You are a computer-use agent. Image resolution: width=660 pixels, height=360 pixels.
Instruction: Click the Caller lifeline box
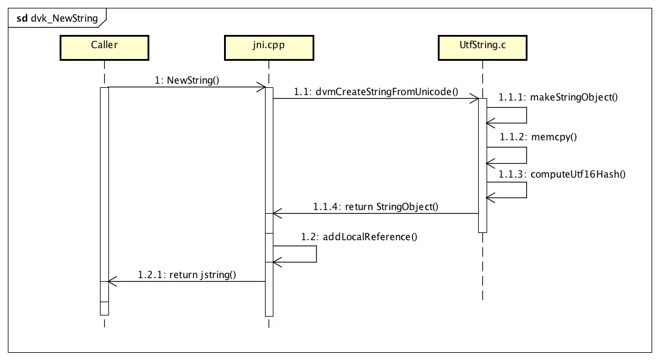point(104,48)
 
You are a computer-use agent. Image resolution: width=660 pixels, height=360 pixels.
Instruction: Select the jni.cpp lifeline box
point(269,48)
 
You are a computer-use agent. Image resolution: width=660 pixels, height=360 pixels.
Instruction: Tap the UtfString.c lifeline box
point(482,48)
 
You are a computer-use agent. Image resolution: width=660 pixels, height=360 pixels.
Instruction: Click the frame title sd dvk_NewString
point(57,18)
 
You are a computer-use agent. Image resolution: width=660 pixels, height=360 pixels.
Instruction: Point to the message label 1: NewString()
point(187,79)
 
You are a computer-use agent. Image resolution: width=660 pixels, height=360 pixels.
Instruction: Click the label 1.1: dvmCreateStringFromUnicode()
point(376,92)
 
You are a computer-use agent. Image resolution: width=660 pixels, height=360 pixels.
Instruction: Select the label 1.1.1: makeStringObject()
point(558,97)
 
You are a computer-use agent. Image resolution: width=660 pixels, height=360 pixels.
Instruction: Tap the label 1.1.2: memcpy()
point(538,136)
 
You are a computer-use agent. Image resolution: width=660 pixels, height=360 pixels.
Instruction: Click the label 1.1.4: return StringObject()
point(376,206)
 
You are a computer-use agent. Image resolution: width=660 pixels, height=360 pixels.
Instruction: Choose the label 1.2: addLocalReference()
point(360,237)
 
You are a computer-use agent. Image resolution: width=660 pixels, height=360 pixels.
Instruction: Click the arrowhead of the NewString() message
point(262,88)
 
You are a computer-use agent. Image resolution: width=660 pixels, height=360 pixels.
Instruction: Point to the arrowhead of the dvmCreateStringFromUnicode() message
point(475,99)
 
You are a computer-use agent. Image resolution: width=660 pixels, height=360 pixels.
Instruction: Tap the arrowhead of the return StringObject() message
point(276,213)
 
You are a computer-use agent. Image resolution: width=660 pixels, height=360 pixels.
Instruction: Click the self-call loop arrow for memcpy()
point(526,155)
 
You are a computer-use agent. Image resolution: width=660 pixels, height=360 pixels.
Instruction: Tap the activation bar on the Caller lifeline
point(104,199)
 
